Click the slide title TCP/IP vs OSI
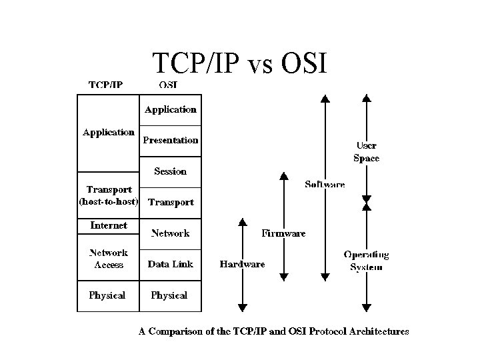coord(239,63)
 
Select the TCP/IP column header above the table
coord(106,85)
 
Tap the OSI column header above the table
coord(168,85)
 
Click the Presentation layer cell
coord(171,140)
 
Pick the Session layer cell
coord(170,171)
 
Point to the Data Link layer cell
coord(170,264)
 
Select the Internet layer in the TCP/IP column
coord(109,225)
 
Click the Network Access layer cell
coord(109,258)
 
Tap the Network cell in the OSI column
coord(170,233)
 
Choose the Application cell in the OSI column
coord(171,109)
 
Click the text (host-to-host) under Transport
coord(109,201)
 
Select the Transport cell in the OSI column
coord(171,202)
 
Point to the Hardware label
coord(242,264)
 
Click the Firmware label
coord(283,233)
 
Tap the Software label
coord(325,184)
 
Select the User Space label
coord(366,152)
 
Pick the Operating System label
coord(366,261)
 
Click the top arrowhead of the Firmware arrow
coord(283,177)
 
